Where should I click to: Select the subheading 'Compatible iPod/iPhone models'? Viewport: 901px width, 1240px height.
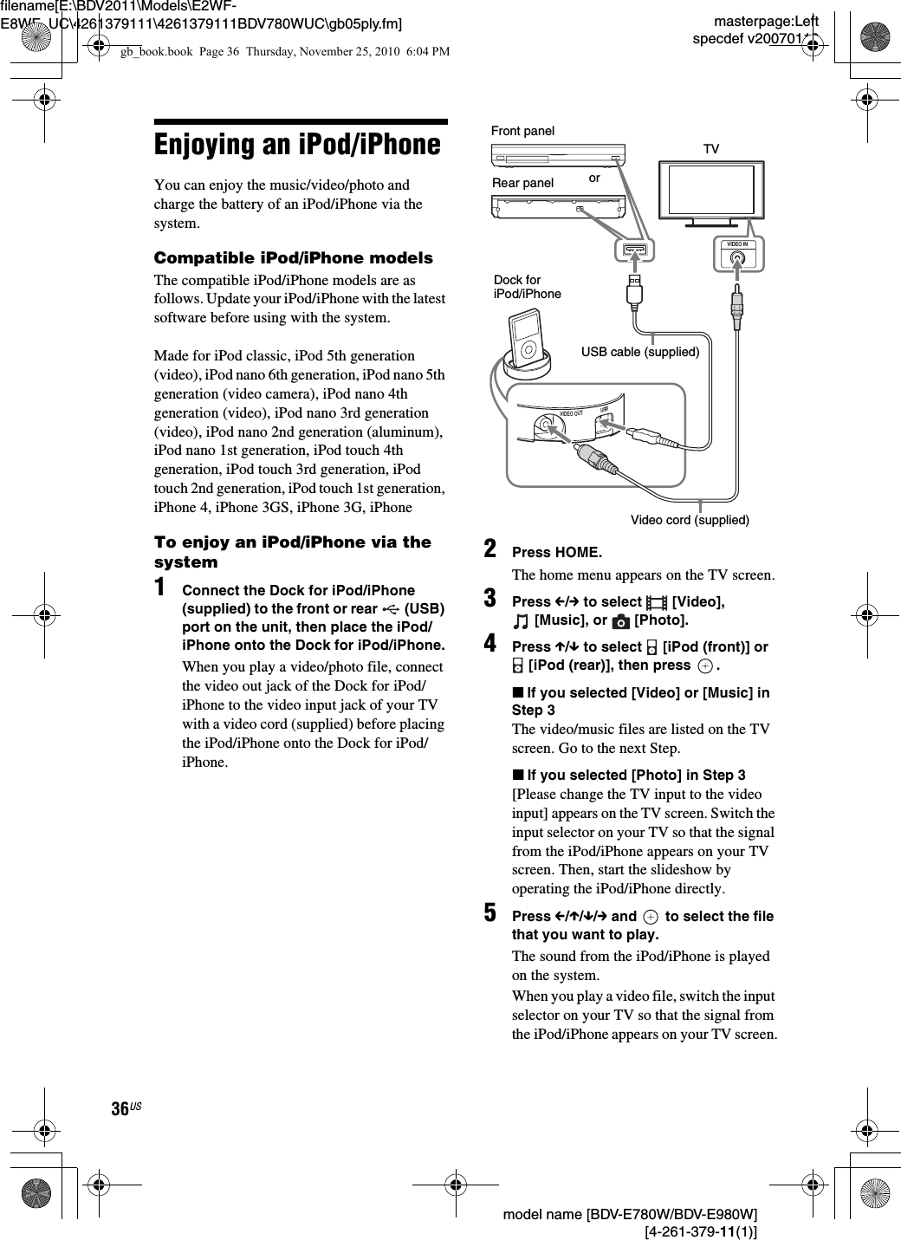coord(293,258)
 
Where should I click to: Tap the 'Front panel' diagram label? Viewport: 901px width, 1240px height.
coord(522,131)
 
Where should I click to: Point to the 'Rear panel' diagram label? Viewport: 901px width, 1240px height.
coord(522,183)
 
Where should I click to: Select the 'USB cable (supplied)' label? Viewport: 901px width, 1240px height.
coord(639,352)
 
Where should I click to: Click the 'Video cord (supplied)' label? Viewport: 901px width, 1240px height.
coord(690,520)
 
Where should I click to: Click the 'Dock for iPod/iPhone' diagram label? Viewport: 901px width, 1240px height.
coord(527,287)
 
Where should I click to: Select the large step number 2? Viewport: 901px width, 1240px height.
coord(490,550)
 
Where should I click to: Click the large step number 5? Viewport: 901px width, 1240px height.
coord(490,914)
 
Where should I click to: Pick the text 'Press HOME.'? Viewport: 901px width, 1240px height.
coord(557,553)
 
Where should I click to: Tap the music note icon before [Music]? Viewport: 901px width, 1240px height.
coord(520,620)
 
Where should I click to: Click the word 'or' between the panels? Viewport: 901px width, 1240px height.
coord(593,178)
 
